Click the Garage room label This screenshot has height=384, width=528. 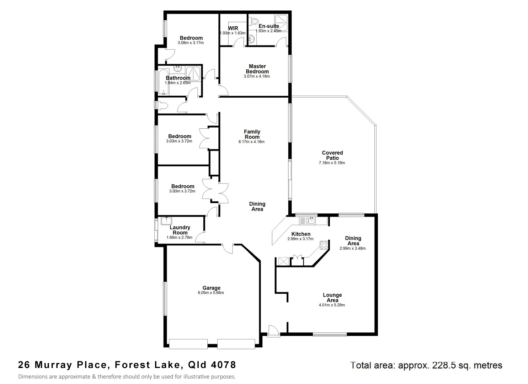tap(212, 288)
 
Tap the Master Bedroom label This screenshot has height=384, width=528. tap(257, 69)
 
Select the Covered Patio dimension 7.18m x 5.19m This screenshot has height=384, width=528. tap(332, 163)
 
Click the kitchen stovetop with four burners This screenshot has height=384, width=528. tap(324, 245)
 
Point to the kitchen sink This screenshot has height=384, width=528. tap(307, 221)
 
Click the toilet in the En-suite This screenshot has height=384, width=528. tap(254, 22)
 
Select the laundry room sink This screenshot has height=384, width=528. tap(166, 221)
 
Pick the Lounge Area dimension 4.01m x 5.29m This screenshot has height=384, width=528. tap(332, 305)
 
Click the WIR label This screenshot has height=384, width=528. tap(233, 28)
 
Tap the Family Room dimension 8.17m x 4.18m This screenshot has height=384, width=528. tap(251, 142)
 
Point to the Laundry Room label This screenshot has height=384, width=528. tap(180, 230)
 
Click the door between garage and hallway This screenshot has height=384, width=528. tap(228, 248)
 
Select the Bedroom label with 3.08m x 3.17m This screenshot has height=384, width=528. tap(191, 38)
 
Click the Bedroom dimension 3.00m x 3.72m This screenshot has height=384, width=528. tap(182, 191)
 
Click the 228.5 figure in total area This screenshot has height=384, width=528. tap(445, 365)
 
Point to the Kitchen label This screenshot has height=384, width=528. tap(301, 234)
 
